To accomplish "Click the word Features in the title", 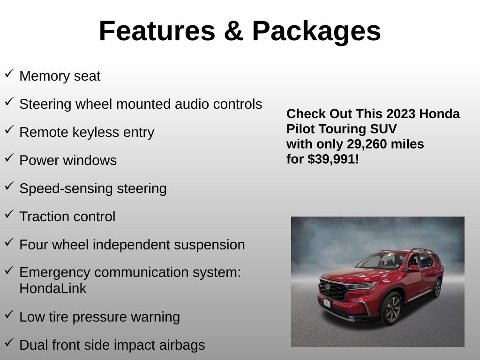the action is [157, 30].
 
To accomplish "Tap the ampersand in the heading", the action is [233, 30].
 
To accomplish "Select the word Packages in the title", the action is [316, 32].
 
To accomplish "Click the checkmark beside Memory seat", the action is [9, 74].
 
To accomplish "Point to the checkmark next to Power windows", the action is [9, 157].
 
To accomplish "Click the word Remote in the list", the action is [44, 132].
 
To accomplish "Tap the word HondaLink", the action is [53, 288].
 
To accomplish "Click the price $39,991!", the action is [333, 159].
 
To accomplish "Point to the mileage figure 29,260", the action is [364, 144].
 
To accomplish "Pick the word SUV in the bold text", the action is [383, 129].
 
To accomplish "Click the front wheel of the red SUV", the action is [392, 308].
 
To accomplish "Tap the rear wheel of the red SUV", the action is [437, 288].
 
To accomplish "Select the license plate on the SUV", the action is [327, 303].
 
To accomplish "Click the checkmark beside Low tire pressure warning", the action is [9, 314].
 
